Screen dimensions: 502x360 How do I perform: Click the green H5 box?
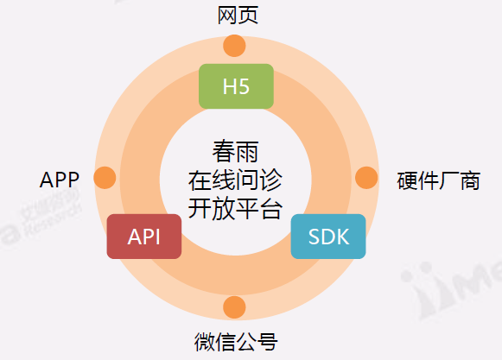pos(236,86)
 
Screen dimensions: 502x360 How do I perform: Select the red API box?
pos(144,237)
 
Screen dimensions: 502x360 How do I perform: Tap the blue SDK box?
pos(328,237)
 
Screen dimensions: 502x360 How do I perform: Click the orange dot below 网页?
pos(234,46)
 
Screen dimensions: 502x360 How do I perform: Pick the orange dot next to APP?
pos(105,178)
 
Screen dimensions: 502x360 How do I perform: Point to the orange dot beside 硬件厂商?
pos(366,178)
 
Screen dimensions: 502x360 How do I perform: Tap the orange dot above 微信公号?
pos(234,307)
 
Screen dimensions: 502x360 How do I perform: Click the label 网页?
pos(238,15)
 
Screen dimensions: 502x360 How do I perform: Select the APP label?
pos(60,180)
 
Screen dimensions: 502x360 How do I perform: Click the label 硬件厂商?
pos(439,180)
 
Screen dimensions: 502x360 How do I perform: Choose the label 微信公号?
pos(236,342)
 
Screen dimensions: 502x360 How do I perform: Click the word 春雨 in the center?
pos(235,151)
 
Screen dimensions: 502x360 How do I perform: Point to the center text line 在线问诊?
pos(235,180)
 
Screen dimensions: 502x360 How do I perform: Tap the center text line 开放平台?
pos(235,209)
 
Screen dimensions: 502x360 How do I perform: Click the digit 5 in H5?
pos(244,86)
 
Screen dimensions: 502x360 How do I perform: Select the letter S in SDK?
pos(314,237)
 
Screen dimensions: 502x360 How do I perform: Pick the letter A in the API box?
pos(134,237)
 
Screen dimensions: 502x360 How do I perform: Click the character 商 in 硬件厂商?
pos(470,180)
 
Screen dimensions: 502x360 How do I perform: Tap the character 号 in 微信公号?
pos(267,342)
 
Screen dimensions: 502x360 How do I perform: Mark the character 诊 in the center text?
pos(270,180)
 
